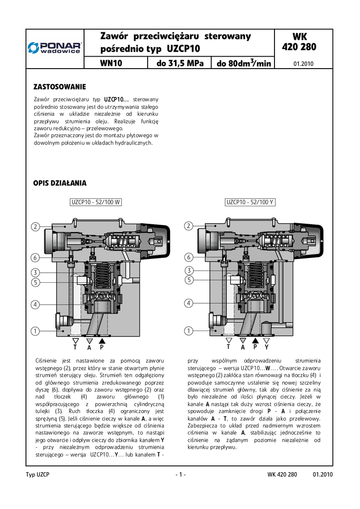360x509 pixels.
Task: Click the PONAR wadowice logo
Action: [x=55, y=48]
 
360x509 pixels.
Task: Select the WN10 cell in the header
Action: [x=111, y=63]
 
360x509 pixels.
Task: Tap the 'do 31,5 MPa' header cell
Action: [x=180, y=63]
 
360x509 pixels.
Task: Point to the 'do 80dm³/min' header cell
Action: [x=244, y=63]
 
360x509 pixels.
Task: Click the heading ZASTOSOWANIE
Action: [x=60, y=86]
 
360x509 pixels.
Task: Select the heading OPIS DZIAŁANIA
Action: [x=60, y=183]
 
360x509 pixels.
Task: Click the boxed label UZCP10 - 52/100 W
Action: [x=96, y=202]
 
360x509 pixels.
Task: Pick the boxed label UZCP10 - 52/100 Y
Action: [x=250, y=202]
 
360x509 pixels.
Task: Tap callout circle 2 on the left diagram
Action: [x=35, y=227]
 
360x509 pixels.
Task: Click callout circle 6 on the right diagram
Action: [x=188, y=257]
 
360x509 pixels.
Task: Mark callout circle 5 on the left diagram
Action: [x=35, y=282]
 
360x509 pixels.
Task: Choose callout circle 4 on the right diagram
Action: [x=188, y=303]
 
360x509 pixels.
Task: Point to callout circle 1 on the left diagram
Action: [x=35, y=331]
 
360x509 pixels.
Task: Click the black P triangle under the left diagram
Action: [x=102, y=341]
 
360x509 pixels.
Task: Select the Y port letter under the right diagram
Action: [x=267, y=347]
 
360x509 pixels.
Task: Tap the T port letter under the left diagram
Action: [x=75, y=347]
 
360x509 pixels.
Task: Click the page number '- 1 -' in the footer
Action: [x=180, y=475]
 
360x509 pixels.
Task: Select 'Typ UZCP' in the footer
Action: [x=38, y=475]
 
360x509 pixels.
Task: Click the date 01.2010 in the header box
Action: [x=303, y=64]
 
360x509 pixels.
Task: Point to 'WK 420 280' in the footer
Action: [x=282, y=475]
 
